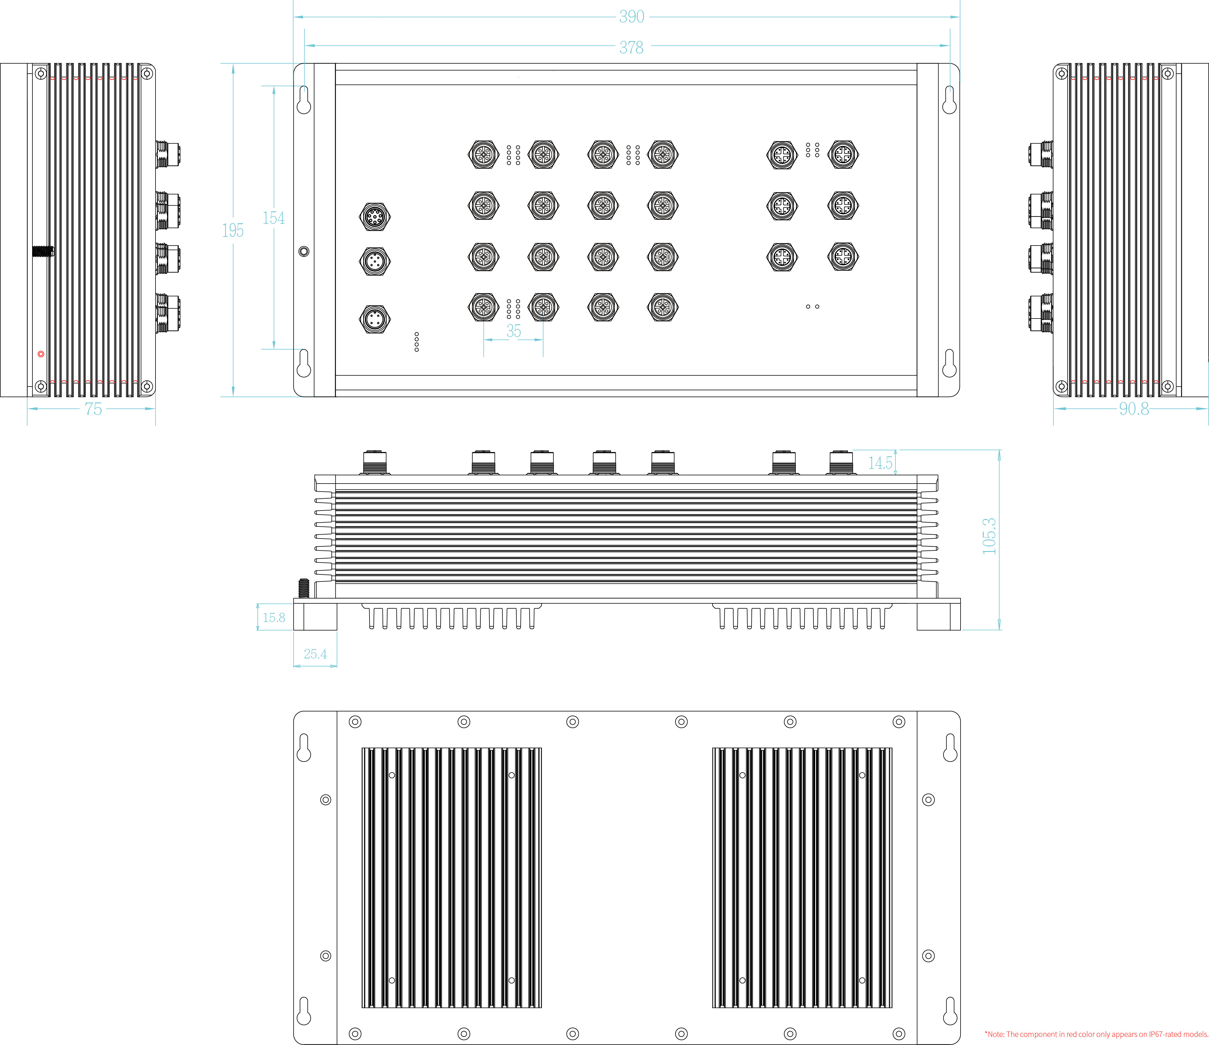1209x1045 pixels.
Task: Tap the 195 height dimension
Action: tap(233, 230)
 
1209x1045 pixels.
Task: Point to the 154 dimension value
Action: tap(274, 218)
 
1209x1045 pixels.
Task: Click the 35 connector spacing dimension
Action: tap(513, 331)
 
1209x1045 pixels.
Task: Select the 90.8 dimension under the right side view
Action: tap(1134, 409)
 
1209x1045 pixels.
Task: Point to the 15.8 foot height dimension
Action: tap(274, 617)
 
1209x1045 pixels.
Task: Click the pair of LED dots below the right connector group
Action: tap(812, 306)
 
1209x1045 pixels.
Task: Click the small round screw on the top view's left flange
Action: tap(303, 251)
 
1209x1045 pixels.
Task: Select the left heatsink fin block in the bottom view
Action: tap(452, 878)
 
